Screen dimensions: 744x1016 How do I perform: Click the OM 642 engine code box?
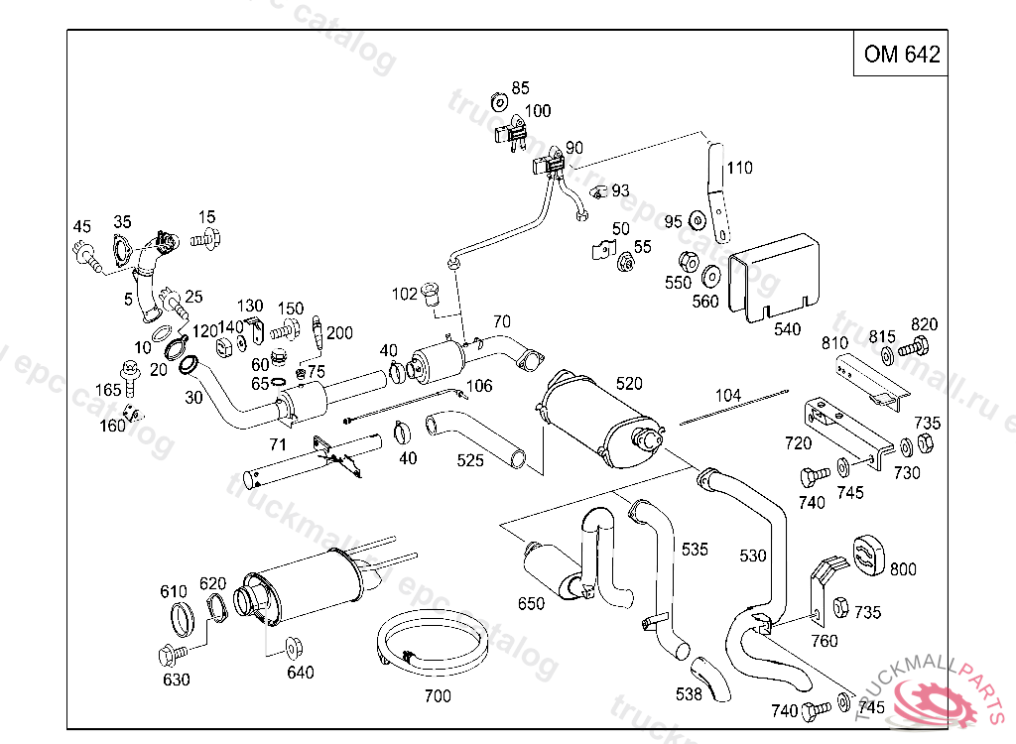point(901,55)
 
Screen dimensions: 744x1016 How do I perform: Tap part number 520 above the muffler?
point(629,384)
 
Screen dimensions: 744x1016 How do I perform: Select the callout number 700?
point(437,695)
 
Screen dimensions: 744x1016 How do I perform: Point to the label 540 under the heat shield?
point(787,329)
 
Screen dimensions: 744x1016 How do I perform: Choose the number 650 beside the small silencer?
point(531,603)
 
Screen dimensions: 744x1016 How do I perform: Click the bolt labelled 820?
point(915,348)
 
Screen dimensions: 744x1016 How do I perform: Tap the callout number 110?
point(739,168)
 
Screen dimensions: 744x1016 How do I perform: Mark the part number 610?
point(174,592)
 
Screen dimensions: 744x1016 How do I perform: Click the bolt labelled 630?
point(168,656)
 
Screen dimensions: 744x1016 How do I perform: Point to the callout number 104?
point(727,395)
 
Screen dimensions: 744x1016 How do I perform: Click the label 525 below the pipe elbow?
point(470,460)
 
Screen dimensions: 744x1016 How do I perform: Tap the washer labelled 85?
point(498,102)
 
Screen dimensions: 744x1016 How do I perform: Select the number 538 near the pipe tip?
point(690,695)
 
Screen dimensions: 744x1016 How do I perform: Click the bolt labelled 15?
point(206,237)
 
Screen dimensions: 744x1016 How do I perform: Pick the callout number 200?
point(340,332)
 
